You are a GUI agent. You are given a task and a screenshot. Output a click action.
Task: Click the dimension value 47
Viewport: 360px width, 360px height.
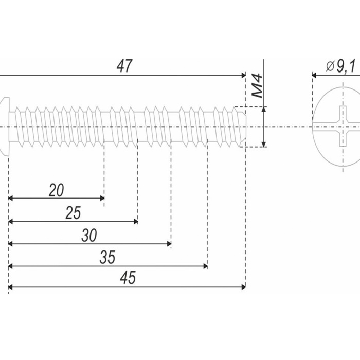coord(124,66)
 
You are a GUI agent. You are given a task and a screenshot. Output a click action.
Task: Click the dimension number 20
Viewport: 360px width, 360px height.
coord(56,190)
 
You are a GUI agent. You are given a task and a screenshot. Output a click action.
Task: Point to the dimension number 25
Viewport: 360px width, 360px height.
coord(73,213)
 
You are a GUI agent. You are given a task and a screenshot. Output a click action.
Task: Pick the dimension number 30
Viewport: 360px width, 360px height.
coord(89,236)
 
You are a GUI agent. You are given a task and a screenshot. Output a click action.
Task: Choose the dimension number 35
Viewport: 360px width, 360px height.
coord(107,258)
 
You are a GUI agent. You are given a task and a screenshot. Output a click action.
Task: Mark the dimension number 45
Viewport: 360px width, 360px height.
coord(128,278)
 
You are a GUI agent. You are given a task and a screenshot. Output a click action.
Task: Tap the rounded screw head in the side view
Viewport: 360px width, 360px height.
coord(5,126)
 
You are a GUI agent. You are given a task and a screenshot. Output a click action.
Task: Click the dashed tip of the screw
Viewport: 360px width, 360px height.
coord(240,126)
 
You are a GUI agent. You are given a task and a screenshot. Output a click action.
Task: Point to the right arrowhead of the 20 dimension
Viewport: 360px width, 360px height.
coord(102,198)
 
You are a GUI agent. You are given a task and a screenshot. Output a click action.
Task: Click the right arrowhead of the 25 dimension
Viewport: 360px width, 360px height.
coord(135,221)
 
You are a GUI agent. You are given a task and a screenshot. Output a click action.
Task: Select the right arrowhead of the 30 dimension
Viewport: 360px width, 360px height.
coord(169,244)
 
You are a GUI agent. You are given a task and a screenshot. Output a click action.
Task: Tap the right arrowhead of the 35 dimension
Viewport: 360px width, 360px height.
coord(205,266)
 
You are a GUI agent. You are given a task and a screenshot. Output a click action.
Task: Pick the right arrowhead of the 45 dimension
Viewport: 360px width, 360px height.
coord(243,286)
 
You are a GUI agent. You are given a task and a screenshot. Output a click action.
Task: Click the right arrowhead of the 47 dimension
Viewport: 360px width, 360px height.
coord(243,75)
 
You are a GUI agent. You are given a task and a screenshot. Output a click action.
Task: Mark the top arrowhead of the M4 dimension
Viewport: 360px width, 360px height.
coord(264,109)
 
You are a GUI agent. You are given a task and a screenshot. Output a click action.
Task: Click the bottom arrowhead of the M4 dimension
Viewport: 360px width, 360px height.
coord(264,144)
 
